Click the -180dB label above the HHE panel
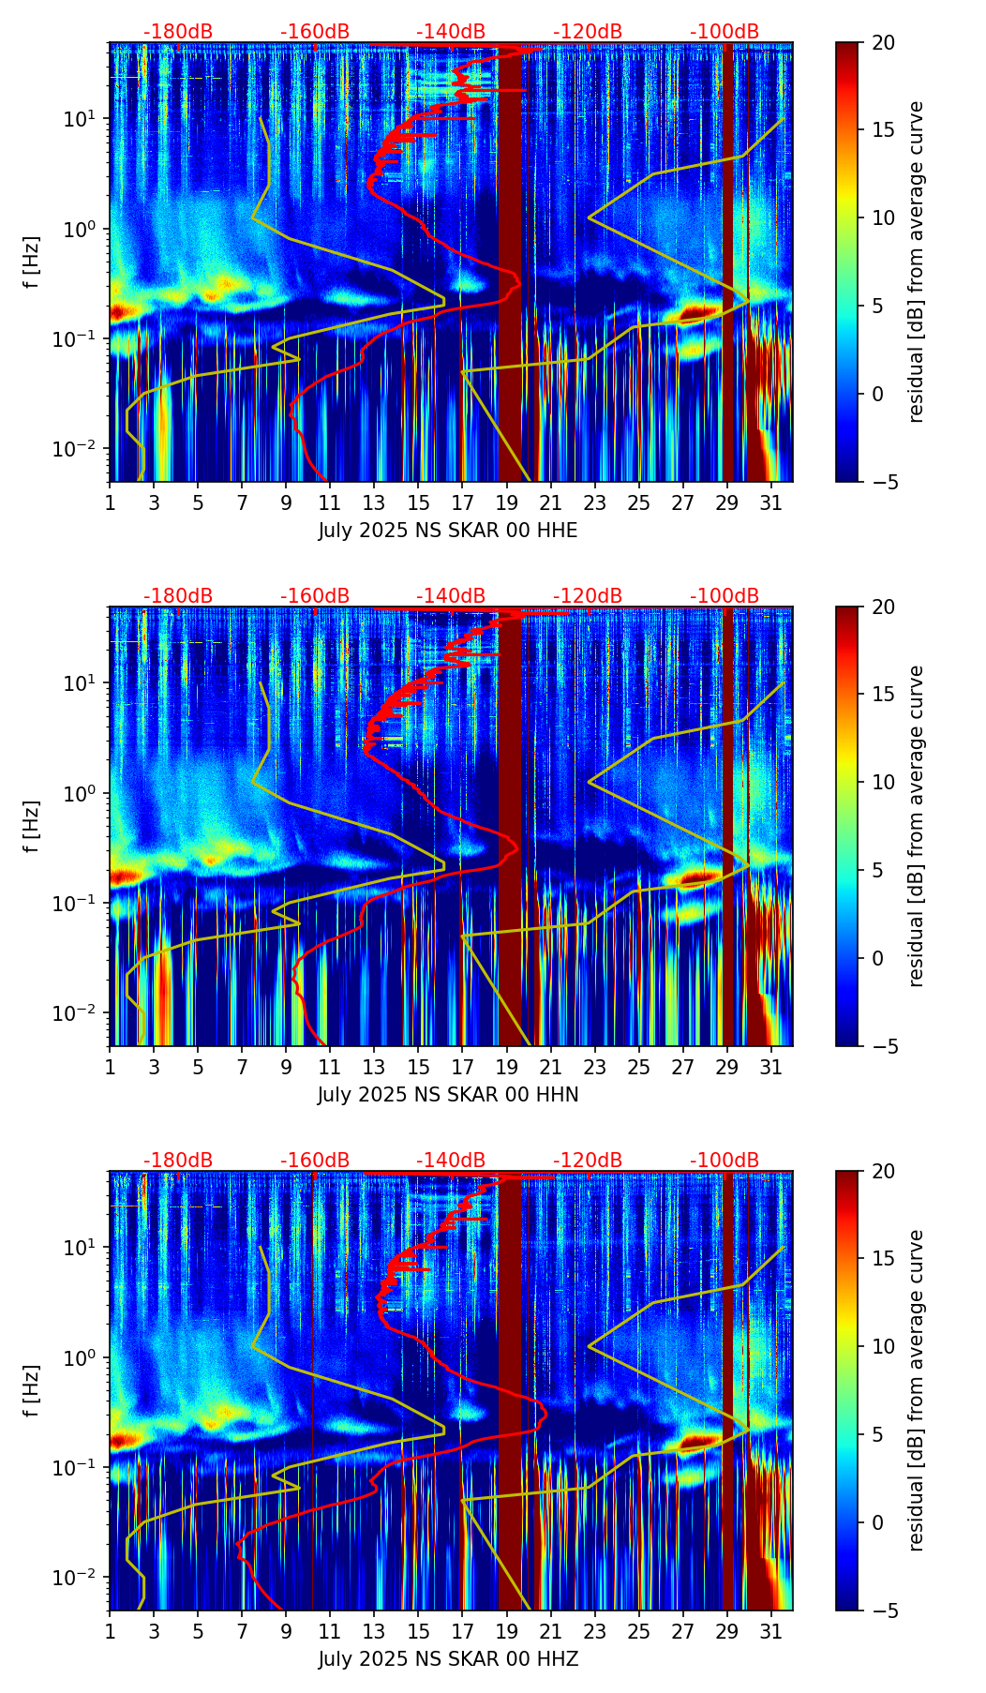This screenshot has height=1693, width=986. coord(178,32)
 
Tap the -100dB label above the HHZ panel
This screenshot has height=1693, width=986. coord(725,1161)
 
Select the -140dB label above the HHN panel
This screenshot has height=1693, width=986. coord(451,596)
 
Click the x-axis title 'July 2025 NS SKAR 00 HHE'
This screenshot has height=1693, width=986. coord(447,531)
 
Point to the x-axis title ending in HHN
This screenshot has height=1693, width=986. coord(447,1095)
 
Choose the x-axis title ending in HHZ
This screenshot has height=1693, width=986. coord(447,1659)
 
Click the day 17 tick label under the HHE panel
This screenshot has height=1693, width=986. coord(462,502)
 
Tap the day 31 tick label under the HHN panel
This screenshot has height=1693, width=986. coord(770,1067)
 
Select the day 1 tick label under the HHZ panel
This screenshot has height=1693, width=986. coord(110,1631)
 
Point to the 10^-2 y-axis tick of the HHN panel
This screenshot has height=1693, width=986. coord(83,1012)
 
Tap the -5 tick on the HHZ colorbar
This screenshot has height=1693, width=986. coord(883,1610)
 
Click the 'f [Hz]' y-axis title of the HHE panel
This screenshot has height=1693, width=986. coord(33,262)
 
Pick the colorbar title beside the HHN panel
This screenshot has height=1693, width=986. coord(916,826)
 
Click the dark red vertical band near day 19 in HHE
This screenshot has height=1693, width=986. coord(509,262)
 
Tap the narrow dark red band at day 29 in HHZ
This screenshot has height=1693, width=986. coord(727,1387)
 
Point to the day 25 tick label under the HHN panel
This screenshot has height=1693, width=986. coord(638,1067)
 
